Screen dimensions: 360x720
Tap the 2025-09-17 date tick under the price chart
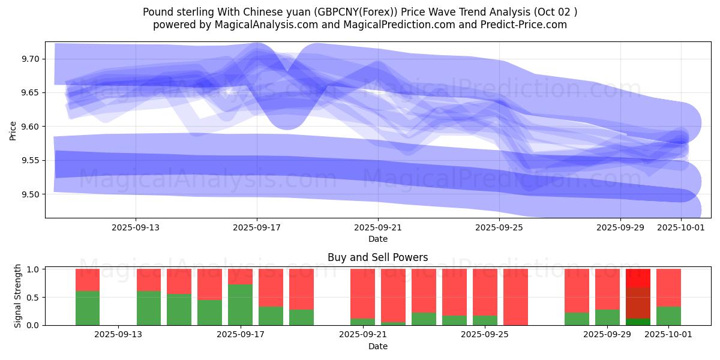tap(257, 227)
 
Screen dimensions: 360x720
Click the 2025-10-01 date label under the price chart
tap(681, 227)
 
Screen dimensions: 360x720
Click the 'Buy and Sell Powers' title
tap(377, 257)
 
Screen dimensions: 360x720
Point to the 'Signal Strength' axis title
tap(17, 296)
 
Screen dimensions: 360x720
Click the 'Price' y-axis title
tap(13, 130)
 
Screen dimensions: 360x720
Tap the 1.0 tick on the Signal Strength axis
tap(34, 269)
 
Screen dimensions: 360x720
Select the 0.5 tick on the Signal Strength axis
tap(34, 298)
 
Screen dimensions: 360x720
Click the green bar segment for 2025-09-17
tap(240, 305)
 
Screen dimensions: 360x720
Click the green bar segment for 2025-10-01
tap(668, 316)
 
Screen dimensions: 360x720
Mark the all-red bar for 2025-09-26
tap(515, 297)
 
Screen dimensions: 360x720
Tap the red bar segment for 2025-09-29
tap(607, 289)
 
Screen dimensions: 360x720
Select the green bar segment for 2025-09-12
tap(88, 308)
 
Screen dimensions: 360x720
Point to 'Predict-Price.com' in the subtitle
tap(528, 25)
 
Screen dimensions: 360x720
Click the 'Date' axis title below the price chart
tap(377, 239)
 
